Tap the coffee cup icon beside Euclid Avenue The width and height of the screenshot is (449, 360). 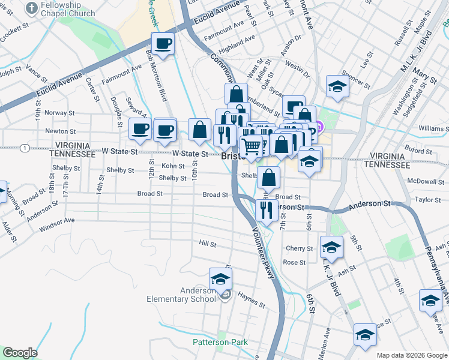click(163, 44)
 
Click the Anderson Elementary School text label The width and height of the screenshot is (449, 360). click(181, 295)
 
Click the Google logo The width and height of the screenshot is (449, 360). click(20, 353)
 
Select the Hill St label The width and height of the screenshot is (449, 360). click(208, 244)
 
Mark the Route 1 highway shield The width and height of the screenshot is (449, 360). click(23, 148)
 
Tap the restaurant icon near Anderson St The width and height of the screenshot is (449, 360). click(265, 209)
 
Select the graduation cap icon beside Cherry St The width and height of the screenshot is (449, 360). click(331, 246)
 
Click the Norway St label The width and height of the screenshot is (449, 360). click(59, 112)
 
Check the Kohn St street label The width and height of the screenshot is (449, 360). click(173, 166)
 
